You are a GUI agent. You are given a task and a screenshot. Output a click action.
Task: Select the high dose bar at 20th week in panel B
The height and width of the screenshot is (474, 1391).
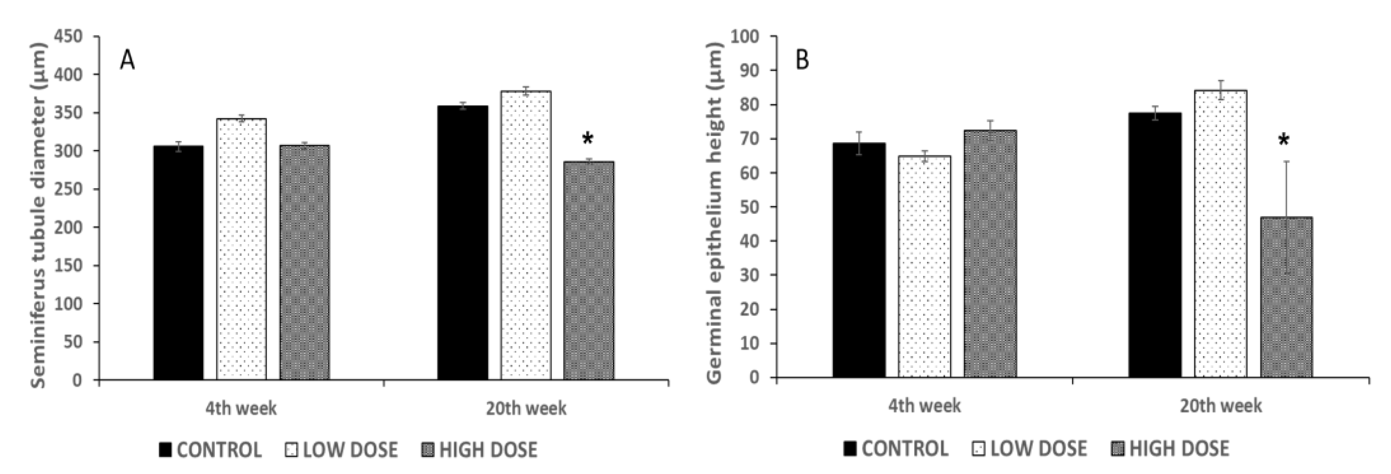(1286, 297)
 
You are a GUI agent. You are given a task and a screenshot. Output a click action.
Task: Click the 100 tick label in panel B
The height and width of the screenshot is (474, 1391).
(745, 37)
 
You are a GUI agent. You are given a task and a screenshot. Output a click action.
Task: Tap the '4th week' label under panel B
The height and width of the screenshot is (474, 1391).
(925, 405)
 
